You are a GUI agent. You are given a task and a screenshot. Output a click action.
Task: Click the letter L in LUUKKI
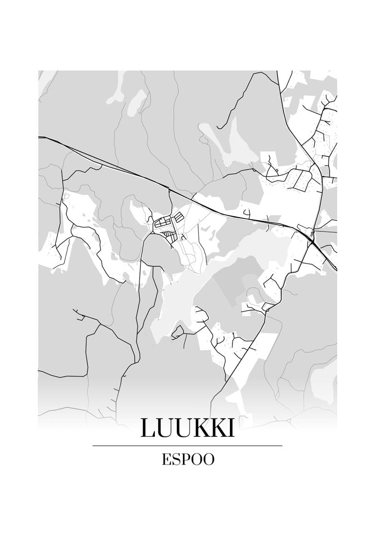pyautogui.click(x=149, y=428)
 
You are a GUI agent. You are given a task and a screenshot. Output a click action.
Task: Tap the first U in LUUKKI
pyautogui.click(x=167, y=428)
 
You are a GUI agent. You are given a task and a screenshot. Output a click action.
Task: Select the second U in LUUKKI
pyautogui.click(x=185, y=428)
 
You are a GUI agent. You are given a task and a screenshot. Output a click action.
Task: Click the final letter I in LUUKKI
pyautogui.click(x=232, y=428)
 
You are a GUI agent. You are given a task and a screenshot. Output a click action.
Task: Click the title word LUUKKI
pyautogui.click(x=187, y=428)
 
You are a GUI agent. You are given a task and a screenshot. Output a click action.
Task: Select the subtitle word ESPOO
pyautogui.click(x=188, y=459)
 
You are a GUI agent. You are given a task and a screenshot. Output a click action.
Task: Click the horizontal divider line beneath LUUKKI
pyautogui.click(x=187, y=446)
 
